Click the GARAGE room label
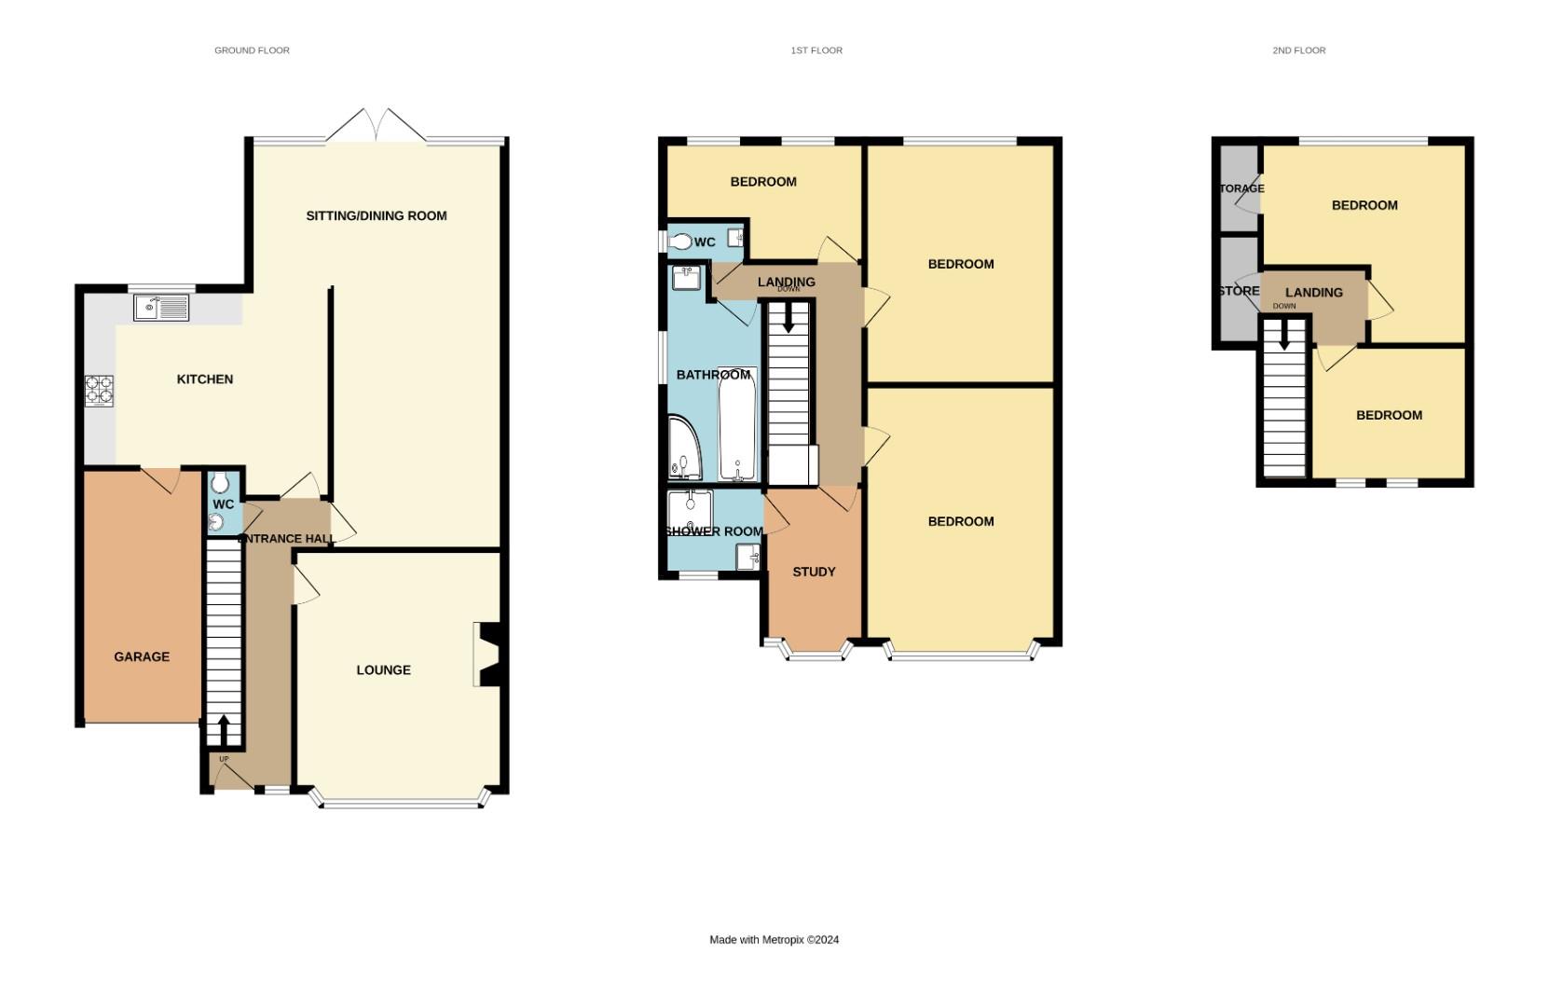[142, 656]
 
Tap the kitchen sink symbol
[160, 307]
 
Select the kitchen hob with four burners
[100, 391]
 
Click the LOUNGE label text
[383, 669]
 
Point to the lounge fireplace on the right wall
[489, 655]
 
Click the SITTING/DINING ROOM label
[377, 215]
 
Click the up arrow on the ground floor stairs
[224, 728]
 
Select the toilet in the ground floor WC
[220, 483]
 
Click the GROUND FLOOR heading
[252, 50]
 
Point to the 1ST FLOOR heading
[816, 50]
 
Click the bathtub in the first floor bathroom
[737, 424]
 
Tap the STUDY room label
[814, 572]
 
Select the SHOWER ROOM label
[714, 531]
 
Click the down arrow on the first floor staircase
[788, 321]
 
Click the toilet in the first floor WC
[680, 242]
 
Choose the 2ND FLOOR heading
[1298, 50]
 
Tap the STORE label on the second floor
[1239, 291]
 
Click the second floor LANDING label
[1313, 292]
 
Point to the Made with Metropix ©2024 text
[774, 940]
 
